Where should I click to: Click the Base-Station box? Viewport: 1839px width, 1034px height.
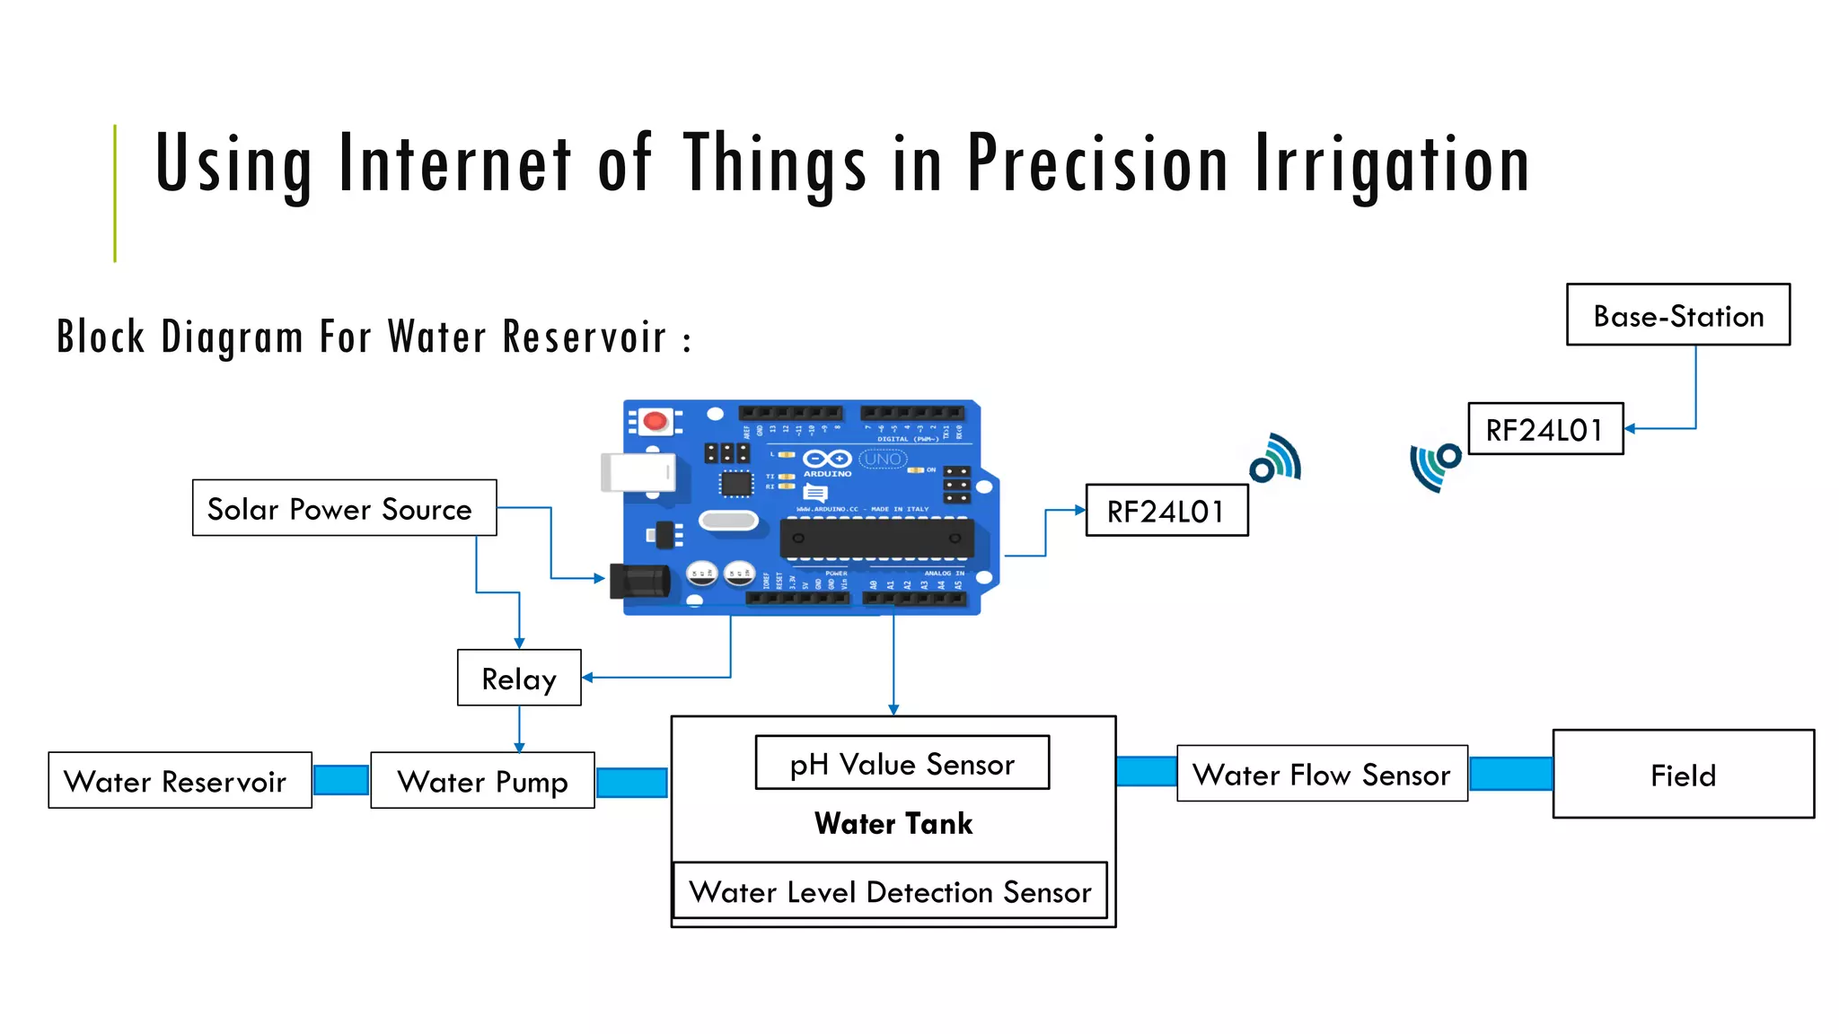[1677, 315]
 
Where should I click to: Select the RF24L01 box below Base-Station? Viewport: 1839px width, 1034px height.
[1544, 429]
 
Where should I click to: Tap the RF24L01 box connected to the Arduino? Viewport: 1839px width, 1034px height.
[1166, 511]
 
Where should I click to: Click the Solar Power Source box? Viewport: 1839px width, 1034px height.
[344, 508]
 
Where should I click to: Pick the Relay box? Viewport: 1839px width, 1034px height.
[519, 678]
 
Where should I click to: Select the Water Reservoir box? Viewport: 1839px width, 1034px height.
[180, 780]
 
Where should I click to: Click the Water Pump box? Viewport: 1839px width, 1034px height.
[482, 780]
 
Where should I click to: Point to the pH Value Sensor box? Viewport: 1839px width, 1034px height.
[902, 763]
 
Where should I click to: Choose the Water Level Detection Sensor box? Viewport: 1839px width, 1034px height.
[890, 891]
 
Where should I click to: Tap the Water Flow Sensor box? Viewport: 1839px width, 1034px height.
[1322, 774]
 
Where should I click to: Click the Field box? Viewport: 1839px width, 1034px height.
[1683, 774]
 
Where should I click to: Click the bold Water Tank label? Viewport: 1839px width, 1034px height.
[893, 823]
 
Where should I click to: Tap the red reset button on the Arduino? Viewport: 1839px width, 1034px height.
[656, 420]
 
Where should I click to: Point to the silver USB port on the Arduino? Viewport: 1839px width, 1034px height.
[638, 472]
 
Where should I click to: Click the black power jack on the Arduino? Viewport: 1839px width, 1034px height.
[639, 581]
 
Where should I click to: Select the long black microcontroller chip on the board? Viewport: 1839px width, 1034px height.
[876, 539]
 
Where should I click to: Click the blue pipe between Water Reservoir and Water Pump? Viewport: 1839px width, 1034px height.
[341, 780]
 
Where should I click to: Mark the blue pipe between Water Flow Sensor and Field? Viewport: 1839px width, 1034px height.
[1510, 774]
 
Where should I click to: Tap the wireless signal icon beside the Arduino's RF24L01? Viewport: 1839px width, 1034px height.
[1275, 459]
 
